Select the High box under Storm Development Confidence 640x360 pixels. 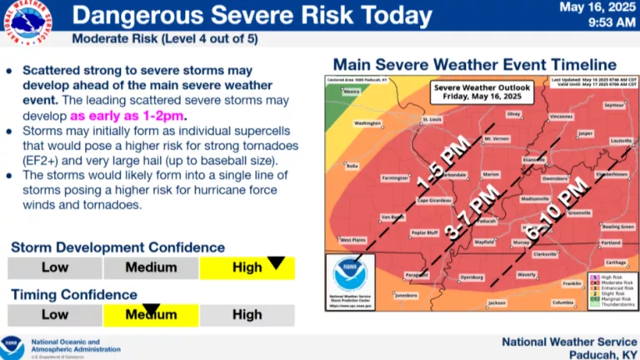pos(247,267)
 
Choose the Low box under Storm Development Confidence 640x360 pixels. pos(55,267)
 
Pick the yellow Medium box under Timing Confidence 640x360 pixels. pos(151,315)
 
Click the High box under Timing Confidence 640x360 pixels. pos(247,315)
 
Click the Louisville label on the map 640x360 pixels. pos(620,142)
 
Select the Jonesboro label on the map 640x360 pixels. pos(406,294)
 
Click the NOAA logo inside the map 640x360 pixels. pos(350,275)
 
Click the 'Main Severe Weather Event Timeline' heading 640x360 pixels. pos(475,65)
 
